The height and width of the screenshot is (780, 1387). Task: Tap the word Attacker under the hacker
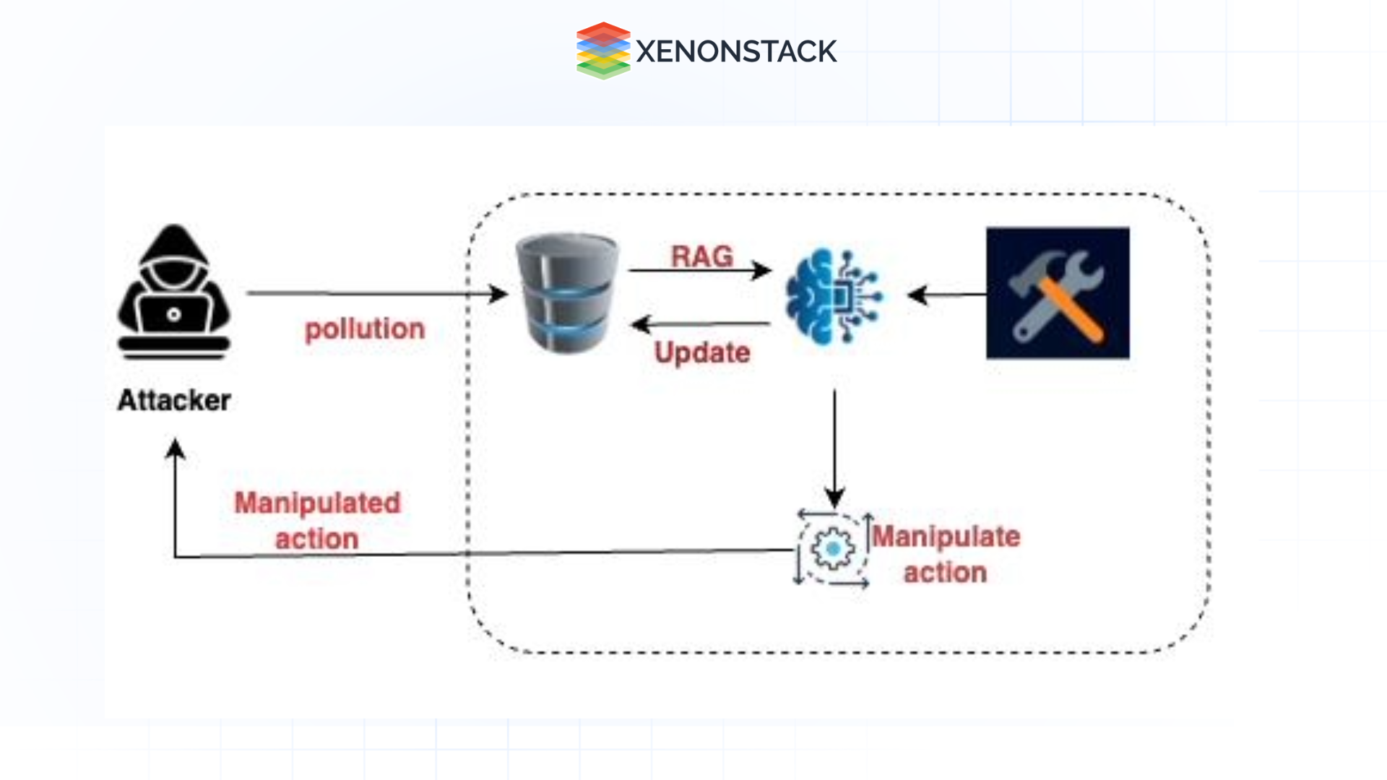[x=174, y=400]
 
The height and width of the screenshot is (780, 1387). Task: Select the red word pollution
[x=365, y=329]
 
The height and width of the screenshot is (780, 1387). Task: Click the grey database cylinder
[x=567, y=292]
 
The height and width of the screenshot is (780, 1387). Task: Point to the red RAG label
[x=701, y=256]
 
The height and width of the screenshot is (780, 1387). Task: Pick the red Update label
[x=702, y=353]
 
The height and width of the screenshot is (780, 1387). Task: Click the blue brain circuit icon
[x=834, y=296]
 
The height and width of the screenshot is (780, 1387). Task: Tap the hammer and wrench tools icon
[x=1058, y=293]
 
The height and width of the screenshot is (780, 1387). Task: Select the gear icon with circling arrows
[x=833, y=550]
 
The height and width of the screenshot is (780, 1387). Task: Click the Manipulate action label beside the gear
[x=946, y=554]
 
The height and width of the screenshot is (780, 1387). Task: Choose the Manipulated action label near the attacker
[x=317, y=521]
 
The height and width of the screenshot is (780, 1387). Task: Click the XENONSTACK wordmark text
[x=736, y=51]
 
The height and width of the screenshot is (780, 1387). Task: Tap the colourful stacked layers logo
[x=603, y=51]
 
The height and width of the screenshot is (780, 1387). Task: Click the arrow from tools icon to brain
[x=946, y=295]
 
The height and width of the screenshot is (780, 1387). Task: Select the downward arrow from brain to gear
[x=834, y=448]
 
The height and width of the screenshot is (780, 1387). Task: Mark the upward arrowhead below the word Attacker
[x=175, y=449]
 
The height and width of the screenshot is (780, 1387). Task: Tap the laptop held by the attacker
[x=173, y=316]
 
